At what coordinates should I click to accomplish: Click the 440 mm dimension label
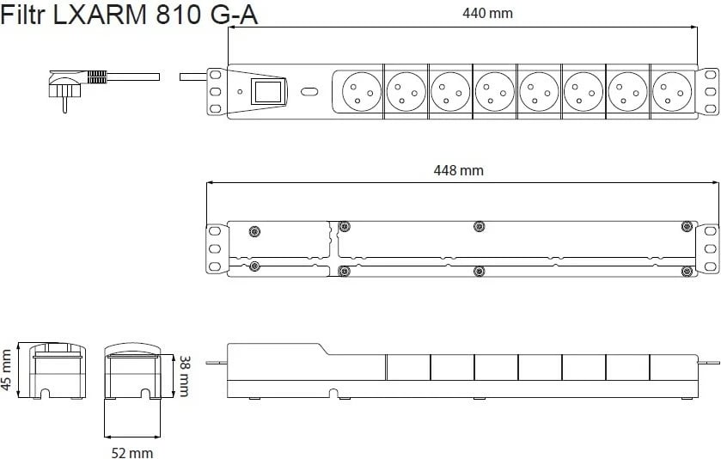[x=487, y=13]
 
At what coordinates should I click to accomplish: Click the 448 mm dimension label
[x=458, y=171]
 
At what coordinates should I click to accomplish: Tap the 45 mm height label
[x=6, y=370]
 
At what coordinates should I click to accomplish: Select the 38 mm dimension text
[x=183, y=376]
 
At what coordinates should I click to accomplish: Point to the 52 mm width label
[x=132, y=453]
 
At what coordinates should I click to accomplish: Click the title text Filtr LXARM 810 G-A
[x=129, y=15]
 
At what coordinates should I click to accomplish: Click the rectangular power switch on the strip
[x=268, y=91]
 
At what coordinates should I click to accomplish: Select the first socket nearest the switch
[x=363, y=91]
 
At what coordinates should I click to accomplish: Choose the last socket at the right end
[x=672, y=91]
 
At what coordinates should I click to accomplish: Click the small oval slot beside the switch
[x=309, y=91]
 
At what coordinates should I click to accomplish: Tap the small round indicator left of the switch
[x=240, y=91]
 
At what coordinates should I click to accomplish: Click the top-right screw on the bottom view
[x=687, y=226]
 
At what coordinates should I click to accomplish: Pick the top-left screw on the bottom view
[x=254, y=231]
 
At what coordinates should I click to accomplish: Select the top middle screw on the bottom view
[x=480, y=226]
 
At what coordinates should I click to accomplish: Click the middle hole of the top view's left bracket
[x=215, y=91]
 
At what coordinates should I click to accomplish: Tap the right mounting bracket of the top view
[x=707, y=91]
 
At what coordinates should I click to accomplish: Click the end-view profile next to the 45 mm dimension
[x=57, y=370]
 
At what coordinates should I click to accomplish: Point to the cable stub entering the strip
[x=193, y=76]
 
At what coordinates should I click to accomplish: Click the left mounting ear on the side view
[x=217, y=363]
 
